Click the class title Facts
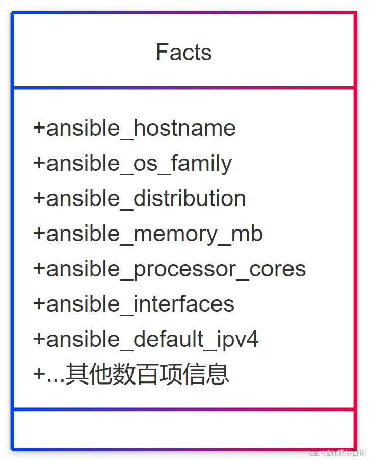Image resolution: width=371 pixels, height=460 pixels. pos(183,53)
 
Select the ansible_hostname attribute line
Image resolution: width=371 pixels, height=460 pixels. pos(134,128)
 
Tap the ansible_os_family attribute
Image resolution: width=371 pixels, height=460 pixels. pos(132,163)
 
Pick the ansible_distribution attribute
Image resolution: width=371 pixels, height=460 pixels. pos(139,198)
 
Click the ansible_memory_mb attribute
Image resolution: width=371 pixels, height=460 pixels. pos(148,234)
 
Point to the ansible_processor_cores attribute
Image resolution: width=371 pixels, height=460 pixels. pos(169,269)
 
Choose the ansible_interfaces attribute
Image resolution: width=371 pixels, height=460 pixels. pos(134,304)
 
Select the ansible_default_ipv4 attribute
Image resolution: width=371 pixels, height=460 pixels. pos(146,339)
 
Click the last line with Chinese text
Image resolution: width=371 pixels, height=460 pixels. pos(131,374)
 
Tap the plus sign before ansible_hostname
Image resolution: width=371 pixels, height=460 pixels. pos(39,129)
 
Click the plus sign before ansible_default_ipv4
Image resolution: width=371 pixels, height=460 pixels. pos(39,340)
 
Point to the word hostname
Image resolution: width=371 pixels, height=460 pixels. pos(184,128)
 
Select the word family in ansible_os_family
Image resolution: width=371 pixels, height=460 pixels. pos(201,163)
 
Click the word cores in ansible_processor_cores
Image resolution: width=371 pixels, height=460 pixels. pos(278,269)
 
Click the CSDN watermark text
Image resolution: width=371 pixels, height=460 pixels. pos(337,453)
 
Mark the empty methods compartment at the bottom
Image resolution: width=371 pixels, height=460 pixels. pos(183,429)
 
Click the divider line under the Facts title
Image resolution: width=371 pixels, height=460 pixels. pos(183,88)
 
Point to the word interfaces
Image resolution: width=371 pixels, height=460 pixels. pos(183,304)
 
